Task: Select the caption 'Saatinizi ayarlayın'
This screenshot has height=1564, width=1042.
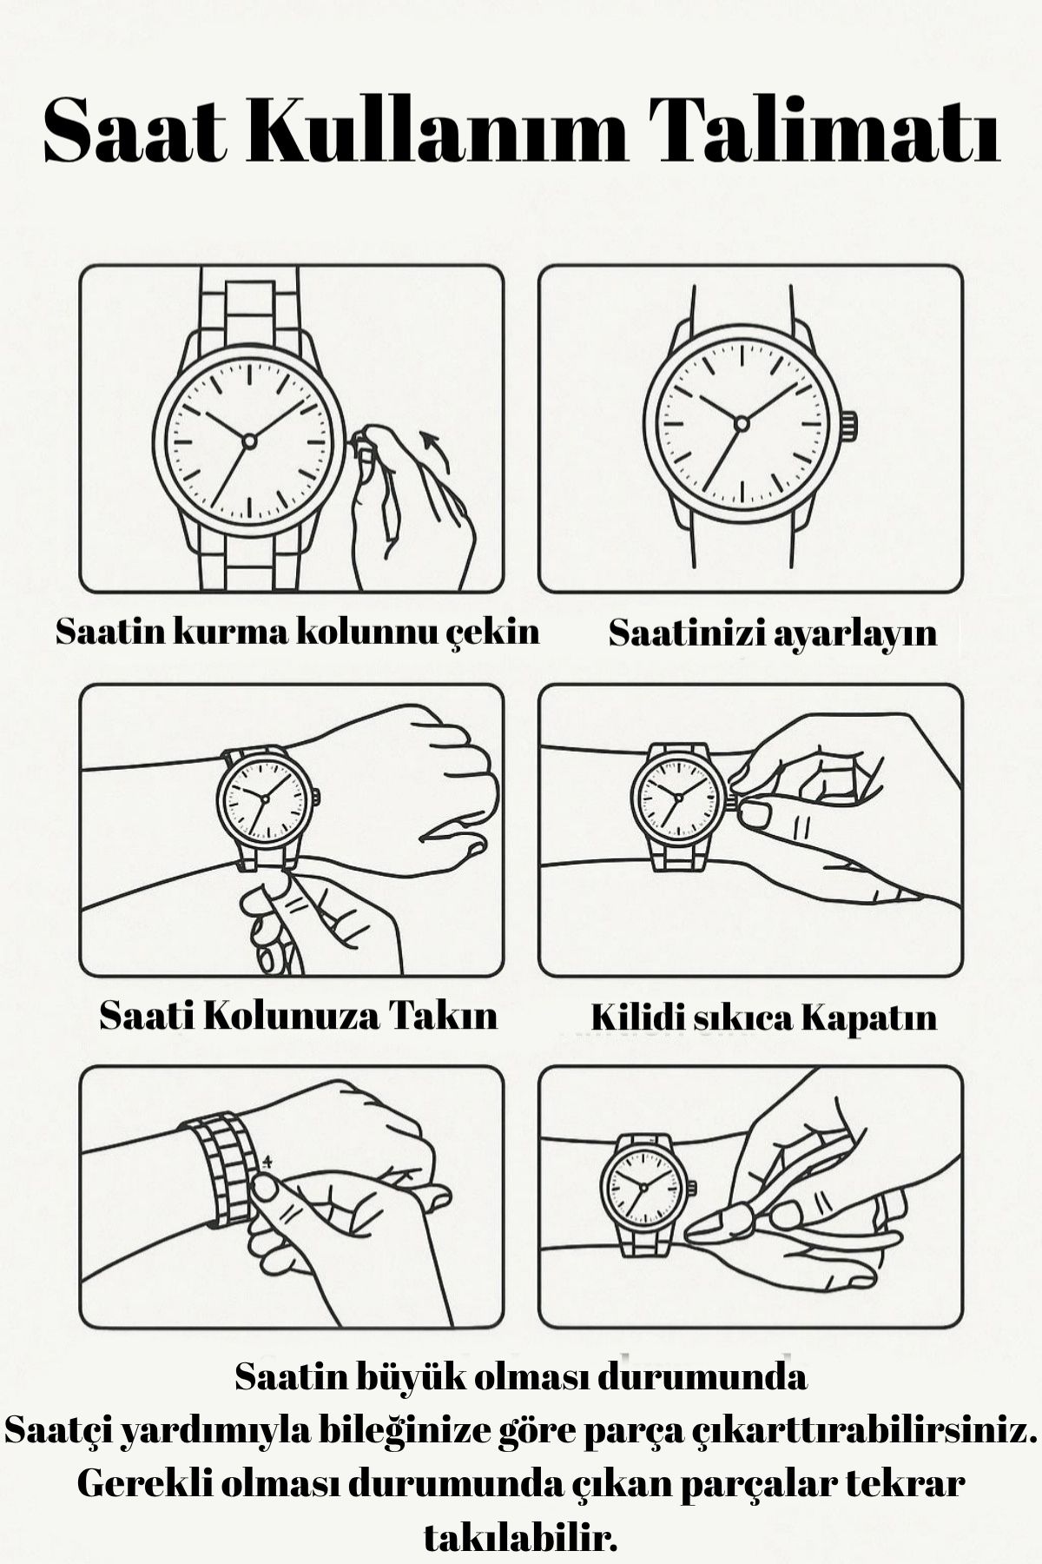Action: [x=772, y=632]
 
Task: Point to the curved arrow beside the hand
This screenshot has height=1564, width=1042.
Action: [x=437, y=450]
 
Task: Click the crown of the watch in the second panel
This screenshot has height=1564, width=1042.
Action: [x=849, y=425]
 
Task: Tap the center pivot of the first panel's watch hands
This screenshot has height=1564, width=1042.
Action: [x=249, y=441]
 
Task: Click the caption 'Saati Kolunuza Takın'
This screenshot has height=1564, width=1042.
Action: [x=298, y=1015]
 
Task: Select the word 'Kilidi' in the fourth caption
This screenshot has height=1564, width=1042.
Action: [x=638, y=1017]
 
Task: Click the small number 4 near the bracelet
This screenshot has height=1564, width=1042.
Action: [x=267, y=1162]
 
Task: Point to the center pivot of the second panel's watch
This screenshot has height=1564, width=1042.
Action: [x=742, y=423]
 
